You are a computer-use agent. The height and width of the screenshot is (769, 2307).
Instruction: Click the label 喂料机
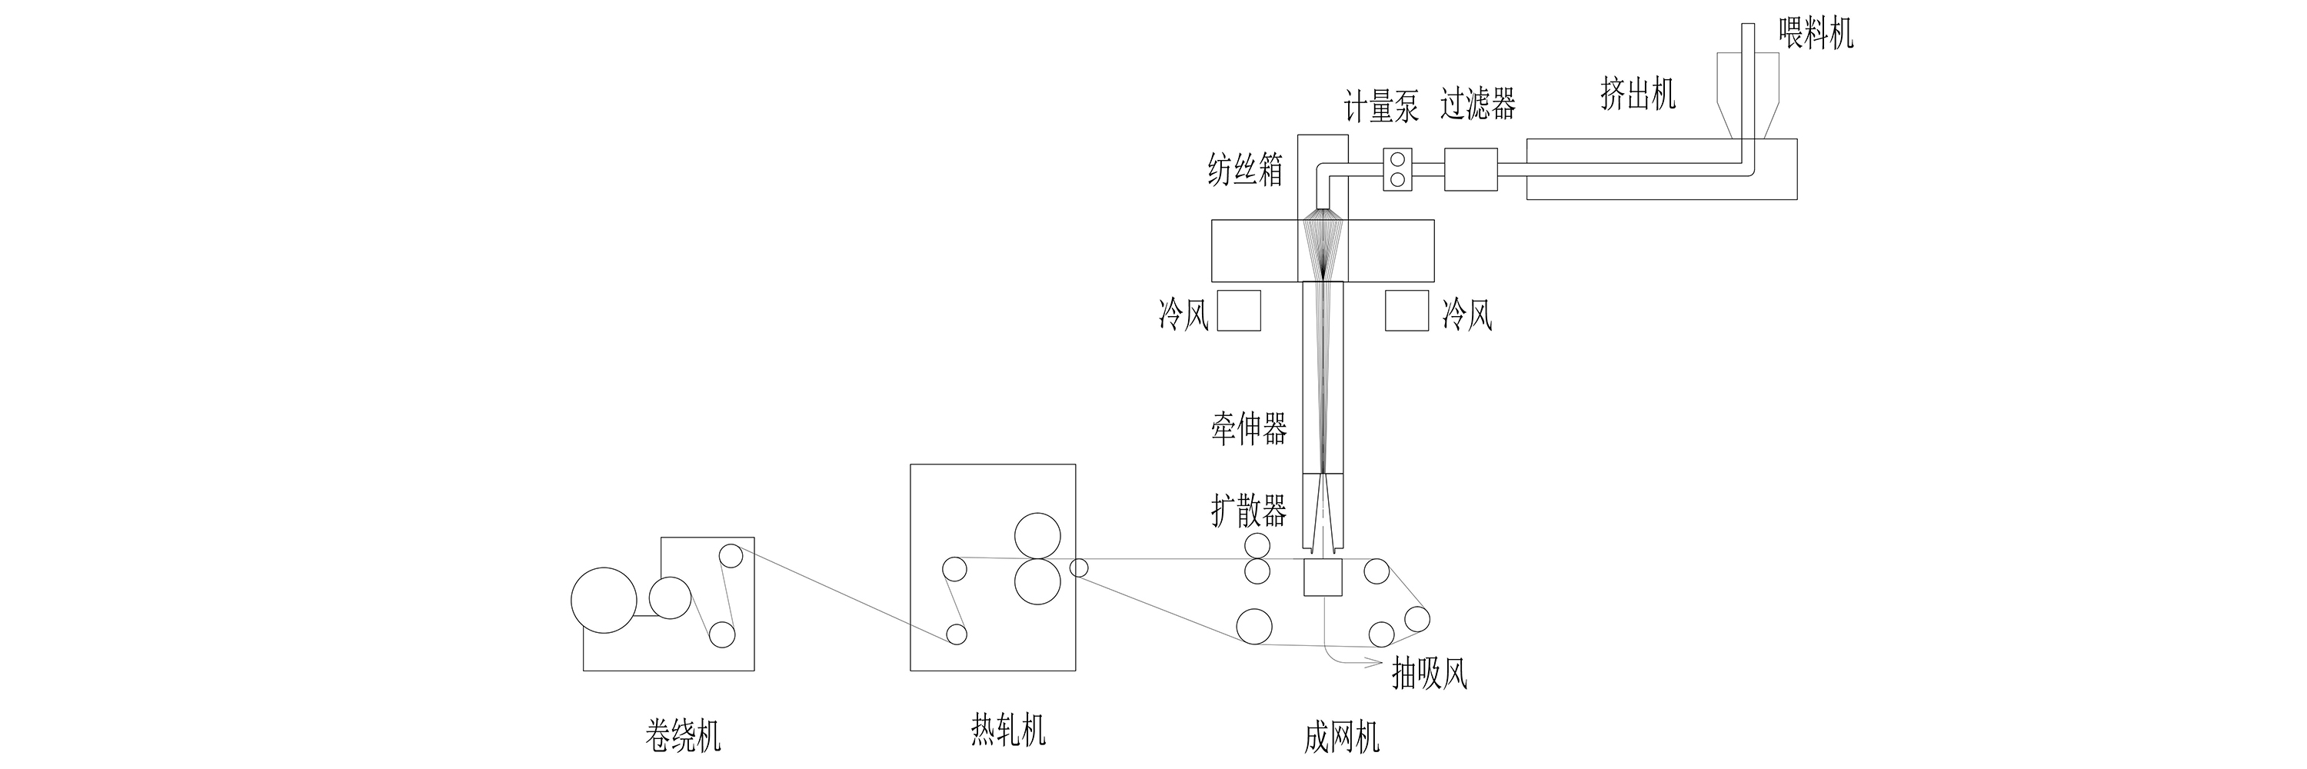click(x=1816, y=34)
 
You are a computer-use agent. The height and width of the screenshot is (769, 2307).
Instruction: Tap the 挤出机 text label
click(x=1637, y=94)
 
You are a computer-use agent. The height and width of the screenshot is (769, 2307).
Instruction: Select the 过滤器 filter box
click(x=1470, y=170)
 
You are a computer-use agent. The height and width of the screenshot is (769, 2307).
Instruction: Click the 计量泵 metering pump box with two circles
click(x=1397, y=170)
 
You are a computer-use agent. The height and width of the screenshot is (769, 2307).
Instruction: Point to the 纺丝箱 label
click(x=1245, y=169)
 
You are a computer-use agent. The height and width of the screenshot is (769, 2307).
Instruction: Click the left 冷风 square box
click(x=1239, y=311)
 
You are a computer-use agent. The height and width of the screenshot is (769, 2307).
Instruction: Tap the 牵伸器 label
click(x=1250, y=430)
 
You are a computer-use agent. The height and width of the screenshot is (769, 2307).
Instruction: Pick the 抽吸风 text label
click(x=1430, y=673)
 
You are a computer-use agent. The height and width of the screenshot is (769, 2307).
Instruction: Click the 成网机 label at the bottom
click(x=1340, y=737)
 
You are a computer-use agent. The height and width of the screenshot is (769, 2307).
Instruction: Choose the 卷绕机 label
click(x=682, y=736)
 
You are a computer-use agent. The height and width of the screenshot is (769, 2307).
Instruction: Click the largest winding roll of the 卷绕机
click(x=604, y=600)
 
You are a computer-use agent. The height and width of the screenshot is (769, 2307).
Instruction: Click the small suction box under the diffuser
click(x=1321, y=578)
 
